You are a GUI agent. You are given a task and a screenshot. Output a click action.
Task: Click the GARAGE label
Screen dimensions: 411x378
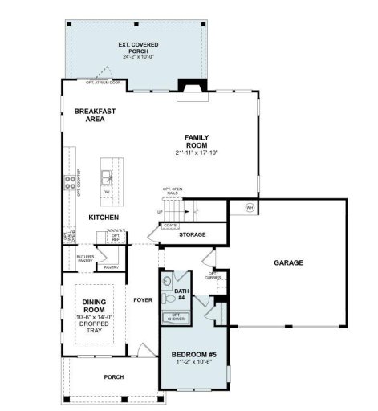pyautogui.click(x=288, y=262)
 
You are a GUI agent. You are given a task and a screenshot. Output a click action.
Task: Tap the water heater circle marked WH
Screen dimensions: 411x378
pyautogui.click(x=250, y=208)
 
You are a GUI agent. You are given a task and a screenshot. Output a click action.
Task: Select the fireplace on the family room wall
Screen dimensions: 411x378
pyautogui.click(x=191, y=87)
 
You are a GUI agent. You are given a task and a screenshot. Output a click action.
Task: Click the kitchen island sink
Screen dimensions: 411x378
pyautogui.click(x=107, y=174)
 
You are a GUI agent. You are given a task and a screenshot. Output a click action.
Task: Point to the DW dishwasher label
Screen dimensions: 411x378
pyautogui.click(x=106, y=193)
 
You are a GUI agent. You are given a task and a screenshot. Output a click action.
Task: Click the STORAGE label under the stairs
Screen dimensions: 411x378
pyautogui.click(x=192, y=235)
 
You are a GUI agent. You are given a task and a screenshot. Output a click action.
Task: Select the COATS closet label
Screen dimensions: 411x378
pyautogui.click(x=170, y=226)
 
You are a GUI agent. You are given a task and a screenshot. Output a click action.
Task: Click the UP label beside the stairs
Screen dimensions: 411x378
pyautogui.click(x=160, y=213)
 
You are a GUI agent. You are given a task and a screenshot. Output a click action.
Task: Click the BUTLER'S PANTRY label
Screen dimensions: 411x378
pyautogui.click(x=86, y=258)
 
